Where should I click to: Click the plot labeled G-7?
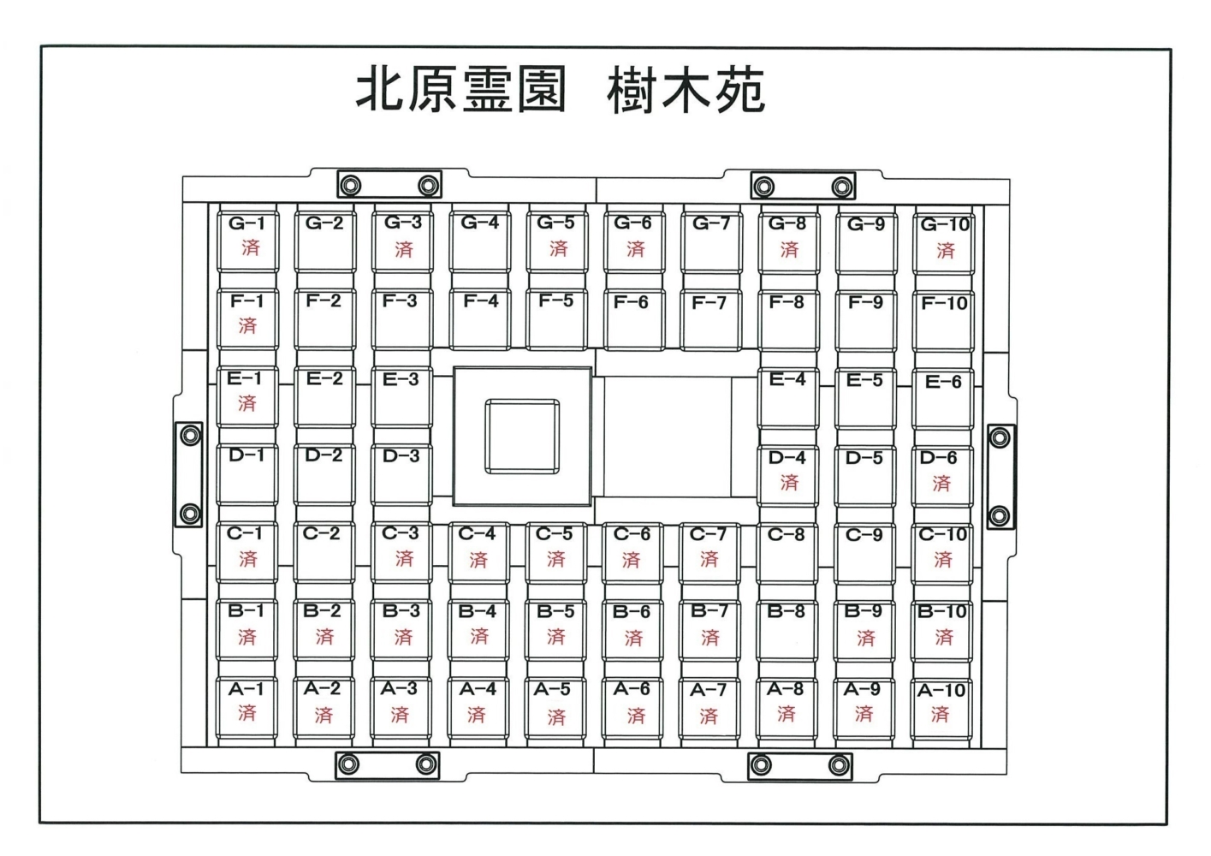point(711,240)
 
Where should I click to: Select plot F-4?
point(480,318)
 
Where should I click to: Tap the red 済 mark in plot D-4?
point(789,483)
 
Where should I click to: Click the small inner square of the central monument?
point(522,436)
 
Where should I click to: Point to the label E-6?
point(943,382)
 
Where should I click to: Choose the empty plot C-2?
point(323,552)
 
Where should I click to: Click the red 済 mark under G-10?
point(945,250)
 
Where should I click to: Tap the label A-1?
point(246,688)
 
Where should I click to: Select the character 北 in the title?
point(382,91)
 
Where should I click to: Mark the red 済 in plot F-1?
point(247,325)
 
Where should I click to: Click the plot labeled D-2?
point(324,473)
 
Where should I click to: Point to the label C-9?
point(864,535)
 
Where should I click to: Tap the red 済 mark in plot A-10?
point(941,714)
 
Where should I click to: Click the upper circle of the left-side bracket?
point(190,436)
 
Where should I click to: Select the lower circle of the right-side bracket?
point(998,516)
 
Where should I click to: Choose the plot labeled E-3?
point(401,395)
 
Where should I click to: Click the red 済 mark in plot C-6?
point(632,560)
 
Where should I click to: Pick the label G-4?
point(479,223)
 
